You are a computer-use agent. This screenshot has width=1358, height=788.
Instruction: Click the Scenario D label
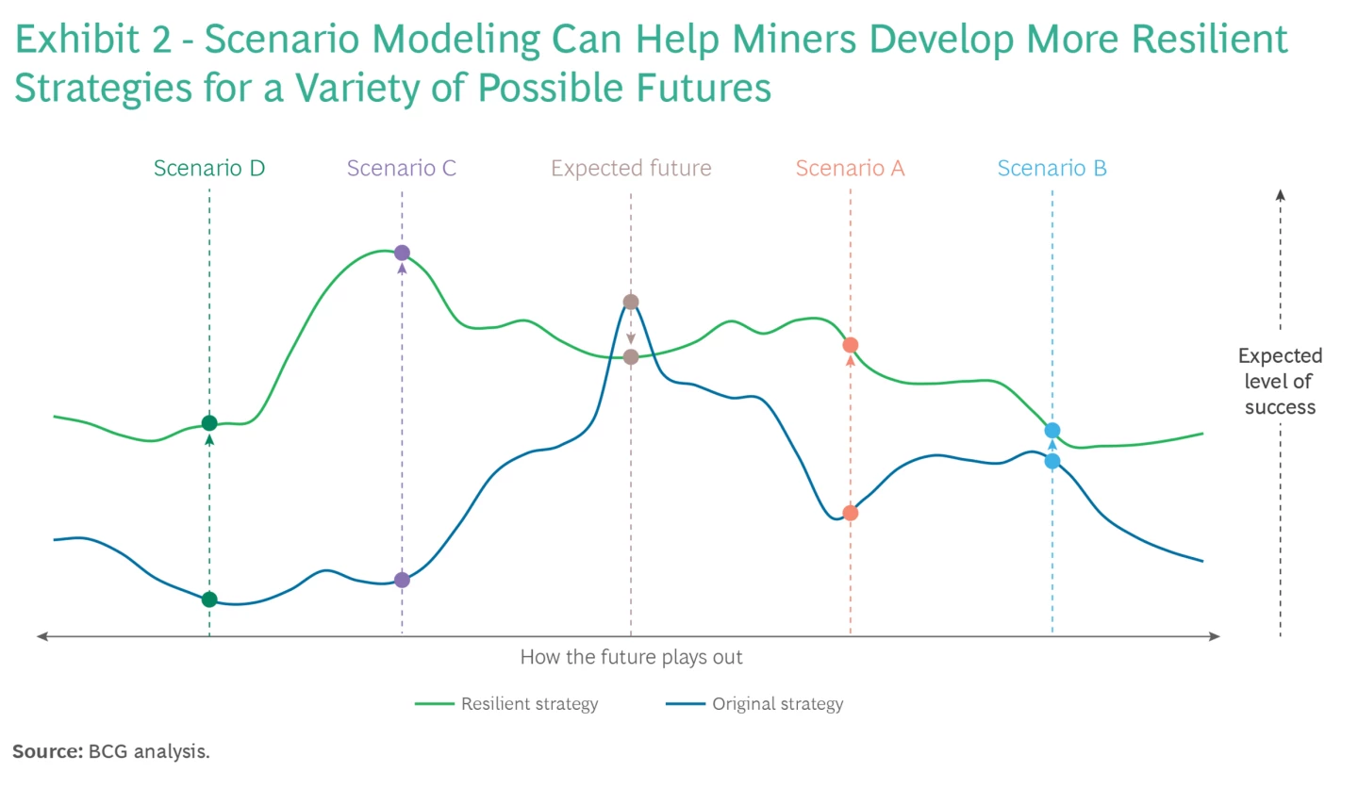209,169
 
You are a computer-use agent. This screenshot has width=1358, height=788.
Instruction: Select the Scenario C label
402,169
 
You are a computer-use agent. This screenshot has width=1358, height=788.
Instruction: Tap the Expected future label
631,169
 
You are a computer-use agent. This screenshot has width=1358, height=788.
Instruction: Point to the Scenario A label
850,169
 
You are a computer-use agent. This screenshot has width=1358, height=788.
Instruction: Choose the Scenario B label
1052,169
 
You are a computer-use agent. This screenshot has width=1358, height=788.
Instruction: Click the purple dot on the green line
402,253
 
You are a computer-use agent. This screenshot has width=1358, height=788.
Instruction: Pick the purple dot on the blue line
402,580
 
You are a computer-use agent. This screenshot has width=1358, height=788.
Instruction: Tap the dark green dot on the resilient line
209,423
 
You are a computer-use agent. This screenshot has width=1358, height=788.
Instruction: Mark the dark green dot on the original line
209,599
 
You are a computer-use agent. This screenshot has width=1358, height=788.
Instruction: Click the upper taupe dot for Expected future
631,302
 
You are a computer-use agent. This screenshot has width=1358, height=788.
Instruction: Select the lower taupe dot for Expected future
631,357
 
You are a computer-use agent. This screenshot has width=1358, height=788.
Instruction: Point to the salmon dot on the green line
850,345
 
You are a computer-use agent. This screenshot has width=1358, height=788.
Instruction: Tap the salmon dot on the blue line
850,513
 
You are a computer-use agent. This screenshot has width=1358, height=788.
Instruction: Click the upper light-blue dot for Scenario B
1052,431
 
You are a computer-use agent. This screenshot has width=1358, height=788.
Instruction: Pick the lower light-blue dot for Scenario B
1052,461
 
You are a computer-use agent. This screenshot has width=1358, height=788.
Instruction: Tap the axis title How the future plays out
631,657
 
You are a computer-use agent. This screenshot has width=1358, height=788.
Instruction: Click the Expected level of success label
1280,382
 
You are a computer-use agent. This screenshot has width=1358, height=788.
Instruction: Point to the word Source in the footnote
46,751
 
